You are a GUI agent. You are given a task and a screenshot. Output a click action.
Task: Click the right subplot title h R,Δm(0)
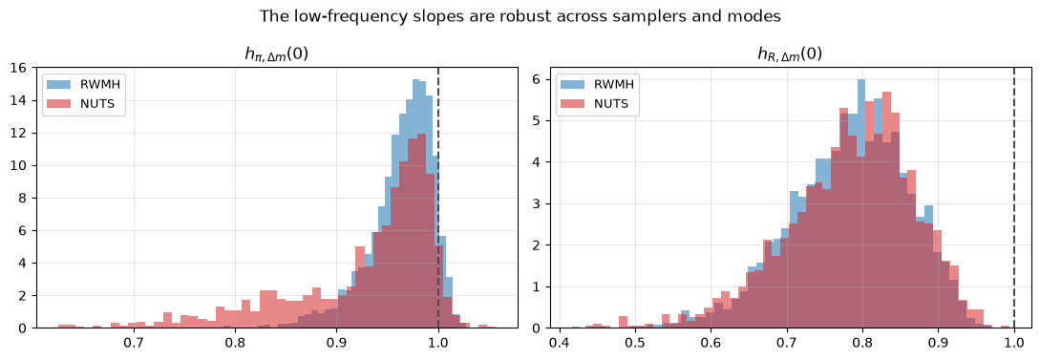point(789,54)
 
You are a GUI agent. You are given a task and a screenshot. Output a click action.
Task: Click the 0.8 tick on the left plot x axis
point(236,344)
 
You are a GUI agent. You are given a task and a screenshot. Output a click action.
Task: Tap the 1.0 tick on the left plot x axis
point(438,344)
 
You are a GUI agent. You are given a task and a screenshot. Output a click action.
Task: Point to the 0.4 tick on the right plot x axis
point(560,344)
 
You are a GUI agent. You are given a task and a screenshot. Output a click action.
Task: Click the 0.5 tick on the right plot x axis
point(635,344)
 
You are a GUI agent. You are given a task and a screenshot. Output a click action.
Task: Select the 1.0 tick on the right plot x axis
point(1014,344)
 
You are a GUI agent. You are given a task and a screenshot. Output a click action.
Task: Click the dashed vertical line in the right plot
point(1014,198)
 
